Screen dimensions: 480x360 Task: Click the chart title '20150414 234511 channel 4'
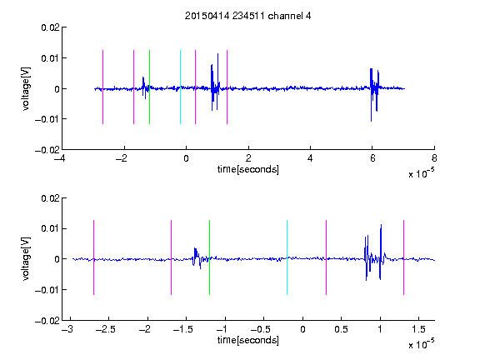coord(247,16)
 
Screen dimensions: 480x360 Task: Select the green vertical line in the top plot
coord(149,87)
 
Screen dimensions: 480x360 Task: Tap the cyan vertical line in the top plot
coord(180,87)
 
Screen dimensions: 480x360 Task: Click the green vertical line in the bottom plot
coord(209,257)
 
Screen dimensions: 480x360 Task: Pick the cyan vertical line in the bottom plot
coord(287,257)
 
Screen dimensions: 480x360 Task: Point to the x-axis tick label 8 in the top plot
coord(434,158)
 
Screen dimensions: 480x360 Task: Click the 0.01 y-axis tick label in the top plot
coord(50,58)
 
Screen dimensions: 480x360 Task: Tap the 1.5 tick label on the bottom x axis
coord(418,329)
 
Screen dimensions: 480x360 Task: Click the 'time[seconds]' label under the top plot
coord(248,169)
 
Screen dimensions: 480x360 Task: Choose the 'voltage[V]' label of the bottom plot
coord(26,259)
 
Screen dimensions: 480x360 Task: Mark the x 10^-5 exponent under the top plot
coord(421,173)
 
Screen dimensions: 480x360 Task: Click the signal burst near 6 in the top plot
coord(374,95)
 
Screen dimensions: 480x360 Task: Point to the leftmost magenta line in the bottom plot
coord(93,257)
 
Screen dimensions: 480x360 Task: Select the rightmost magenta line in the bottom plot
coord(403,257)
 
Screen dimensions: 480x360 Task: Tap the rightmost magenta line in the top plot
coord(227,87)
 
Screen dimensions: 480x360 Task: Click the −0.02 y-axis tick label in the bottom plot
coord(47,321)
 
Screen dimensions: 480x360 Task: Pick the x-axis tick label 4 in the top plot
coord(310,158)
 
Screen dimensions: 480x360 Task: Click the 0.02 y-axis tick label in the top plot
coord(50,27)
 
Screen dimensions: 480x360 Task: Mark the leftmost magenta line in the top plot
coord(102,87)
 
